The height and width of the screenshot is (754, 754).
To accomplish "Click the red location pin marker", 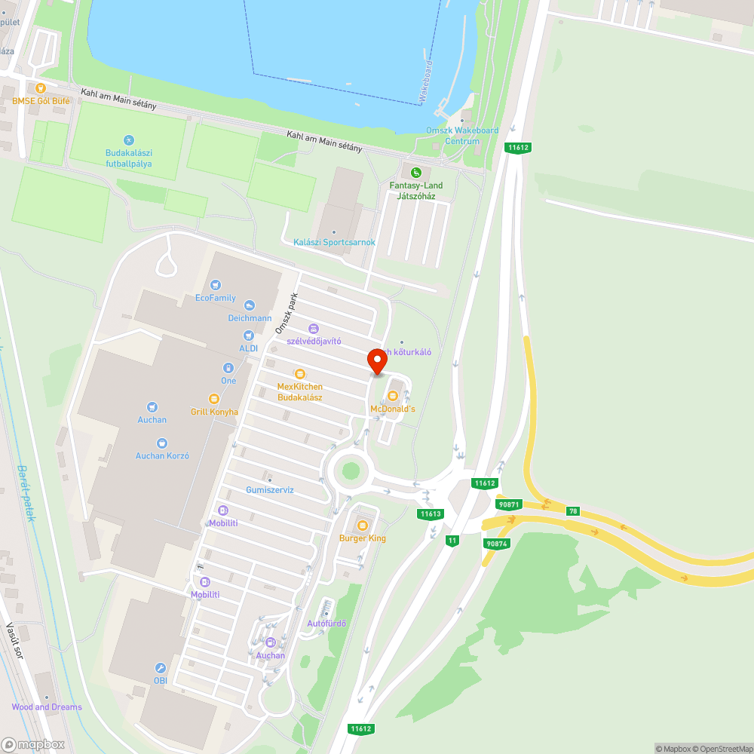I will (376, 361).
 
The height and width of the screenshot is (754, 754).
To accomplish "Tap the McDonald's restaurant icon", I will (392, 395).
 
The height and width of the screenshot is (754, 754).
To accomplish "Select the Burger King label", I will (362, 538).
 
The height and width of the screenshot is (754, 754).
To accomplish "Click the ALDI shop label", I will (248, 348).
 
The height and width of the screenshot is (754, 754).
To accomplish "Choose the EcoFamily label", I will (216, 298).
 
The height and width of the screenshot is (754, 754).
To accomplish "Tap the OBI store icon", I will (161, 668).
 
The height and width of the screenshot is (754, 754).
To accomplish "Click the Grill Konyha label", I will (214, 412).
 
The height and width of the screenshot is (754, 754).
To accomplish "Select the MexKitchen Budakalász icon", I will (300, 373).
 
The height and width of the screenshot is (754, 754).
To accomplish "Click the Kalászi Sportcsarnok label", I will (334, 242).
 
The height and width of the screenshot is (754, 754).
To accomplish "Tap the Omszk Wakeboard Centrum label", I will (462, 136).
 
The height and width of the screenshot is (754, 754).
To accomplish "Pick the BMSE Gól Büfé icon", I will (41, 87).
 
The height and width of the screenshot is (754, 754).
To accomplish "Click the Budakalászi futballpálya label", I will (129, 158).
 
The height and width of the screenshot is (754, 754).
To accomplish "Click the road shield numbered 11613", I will (430, 514).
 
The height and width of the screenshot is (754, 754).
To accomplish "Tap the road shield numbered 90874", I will (496, 543).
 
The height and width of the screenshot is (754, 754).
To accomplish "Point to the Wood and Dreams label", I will (47, 707).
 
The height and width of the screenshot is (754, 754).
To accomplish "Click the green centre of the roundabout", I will (351, 470).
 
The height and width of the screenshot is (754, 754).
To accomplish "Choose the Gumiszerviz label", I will (270, 489).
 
